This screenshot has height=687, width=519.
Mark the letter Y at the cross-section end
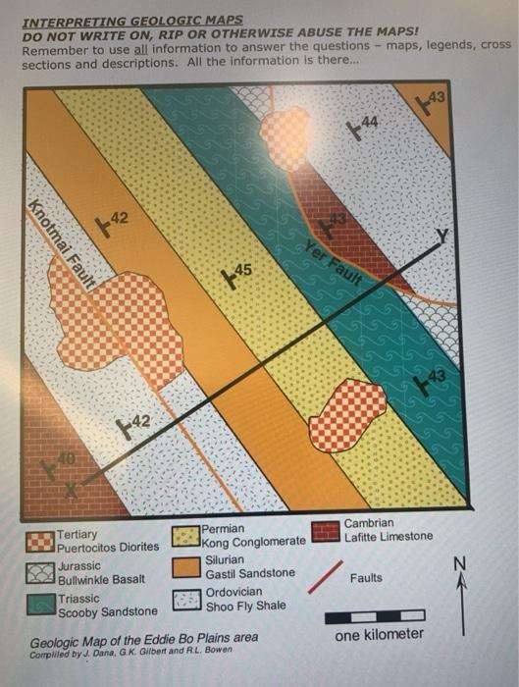click(442, 235)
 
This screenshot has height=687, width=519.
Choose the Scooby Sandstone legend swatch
click(41, 603)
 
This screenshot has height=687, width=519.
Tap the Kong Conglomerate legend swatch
click(186, 536)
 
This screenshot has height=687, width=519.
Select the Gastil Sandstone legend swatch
click(186, 566)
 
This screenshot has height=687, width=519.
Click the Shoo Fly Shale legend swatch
click(186, 599)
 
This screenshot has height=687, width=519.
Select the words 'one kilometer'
click(380, 635)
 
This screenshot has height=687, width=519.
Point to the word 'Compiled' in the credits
click(50, 654)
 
